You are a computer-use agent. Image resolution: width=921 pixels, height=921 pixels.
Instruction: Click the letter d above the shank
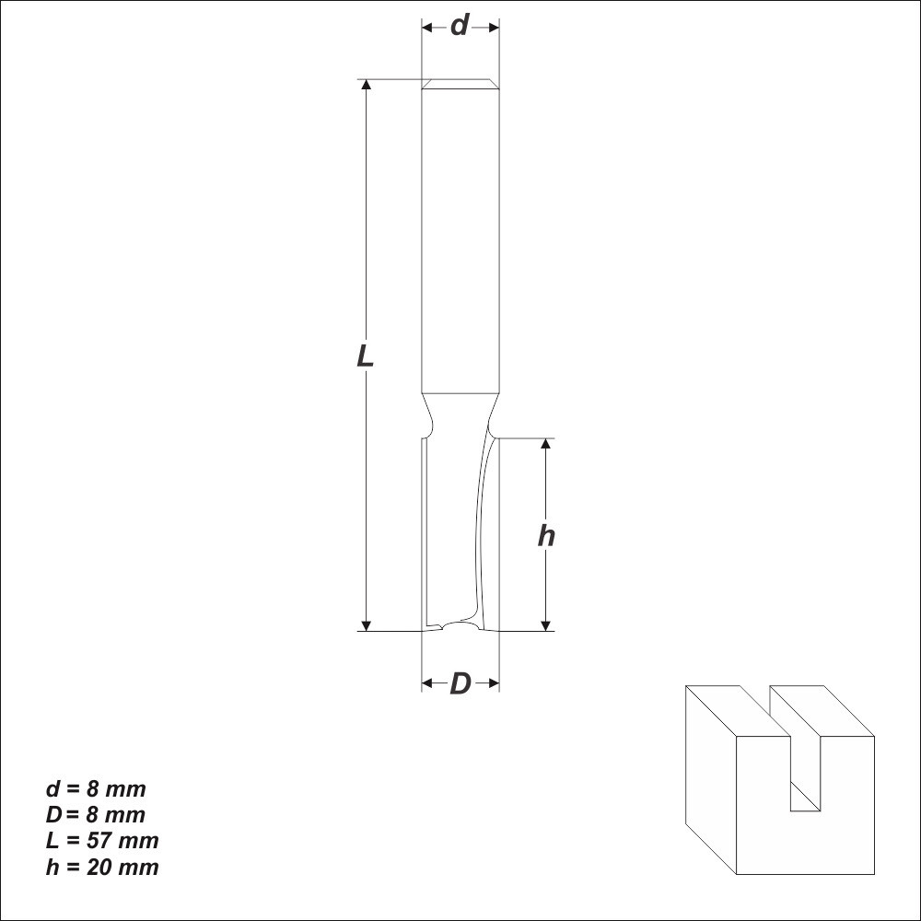click(x=460, y=26)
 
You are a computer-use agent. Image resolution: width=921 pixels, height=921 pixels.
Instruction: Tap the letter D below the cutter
click(x=460, y=683)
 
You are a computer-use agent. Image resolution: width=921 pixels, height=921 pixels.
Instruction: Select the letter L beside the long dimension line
click(x=366, y=356)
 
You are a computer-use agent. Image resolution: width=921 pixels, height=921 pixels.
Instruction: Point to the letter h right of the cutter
click(x=546, y=536)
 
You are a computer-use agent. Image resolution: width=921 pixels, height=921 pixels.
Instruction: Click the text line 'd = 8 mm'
click(x=96, y=789)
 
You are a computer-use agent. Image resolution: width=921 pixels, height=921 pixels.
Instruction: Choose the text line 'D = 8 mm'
click(x=95, y=815)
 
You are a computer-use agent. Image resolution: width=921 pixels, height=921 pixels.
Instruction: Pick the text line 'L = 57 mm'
click(x=102, y=841)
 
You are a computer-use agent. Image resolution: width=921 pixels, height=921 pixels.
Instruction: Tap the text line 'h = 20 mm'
click(x=102, y=867)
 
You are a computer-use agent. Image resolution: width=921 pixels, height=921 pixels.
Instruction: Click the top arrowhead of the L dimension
click(x=367, y=84)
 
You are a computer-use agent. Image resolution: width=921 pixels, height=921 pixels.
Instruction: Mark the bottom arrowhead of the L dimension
click(x=367, y=625)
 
